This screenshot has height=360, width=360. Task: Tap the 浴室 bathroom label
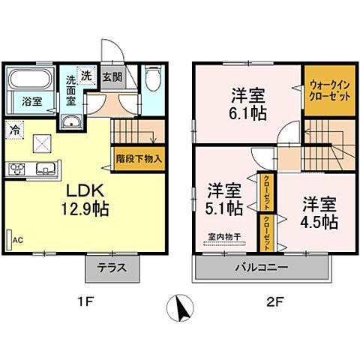[31, 101]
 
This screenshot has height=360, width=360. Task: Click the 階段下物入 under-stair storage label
[139, 159]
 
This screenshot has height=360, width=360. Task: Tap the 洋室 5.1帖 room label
[224, 197]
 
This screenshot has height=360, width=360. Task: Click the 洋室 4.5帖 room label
[319, 212]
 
